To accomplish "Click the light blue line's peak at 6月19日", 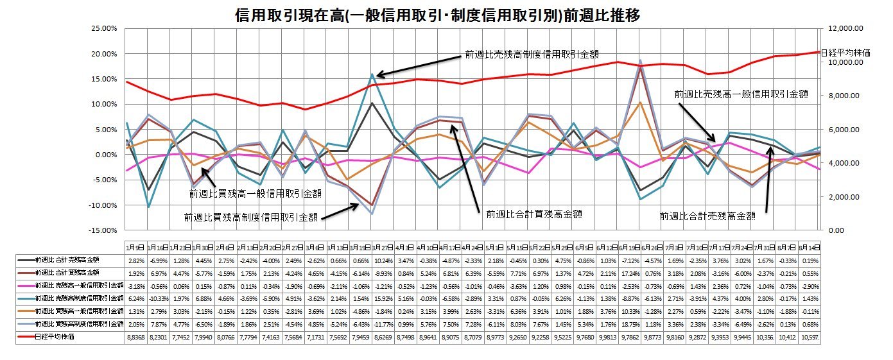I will click(640, 60).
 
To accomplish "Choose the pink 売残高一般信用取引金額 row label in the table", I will click(71, 286).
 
